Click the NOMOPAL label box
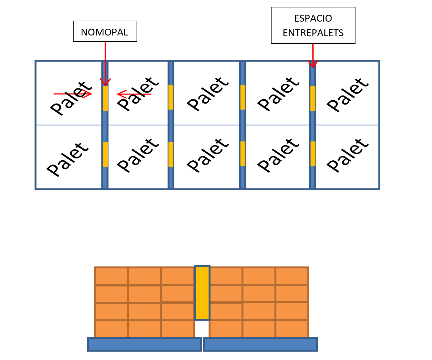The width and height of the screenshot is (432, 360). (105, 31)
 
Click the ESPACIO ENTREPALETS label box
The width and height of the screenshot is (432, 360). (313, 25)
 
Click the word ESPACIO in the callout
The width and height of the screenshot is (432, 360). (313, 18)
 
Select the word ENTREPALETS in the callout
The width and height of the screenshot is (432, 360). (313, 33)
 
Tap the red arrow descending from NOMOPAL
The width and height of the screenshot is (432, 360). (105, 64)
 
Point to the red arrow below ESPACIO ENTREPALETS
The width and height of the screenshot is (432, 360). (313, 55)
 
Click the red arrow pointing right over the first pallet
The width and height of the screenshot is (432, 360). (73, 94)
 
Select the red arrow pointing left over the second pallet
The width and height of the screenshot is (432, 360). (134, 94)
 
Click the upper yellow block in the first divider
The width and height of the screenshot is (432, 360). (106, 98)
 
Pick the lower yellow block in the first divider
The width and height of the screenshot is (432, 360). (106, 154)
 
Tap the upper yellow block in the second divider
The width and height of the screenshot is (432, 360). (171, 97)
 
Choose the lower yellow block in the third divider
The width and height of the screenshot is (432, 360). (243, 154)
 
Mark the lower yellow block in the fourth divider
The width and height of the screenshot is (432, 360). (313, 154)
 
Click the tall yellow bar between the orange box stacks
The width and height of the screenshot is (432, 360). (202, 293)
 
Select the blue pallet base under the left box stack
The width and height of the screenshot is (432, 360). (144, 344)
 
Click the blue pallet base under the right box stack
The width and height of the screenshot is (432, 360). (261, 344)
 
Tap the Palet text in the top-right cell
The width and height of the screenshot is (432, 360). (348, 95)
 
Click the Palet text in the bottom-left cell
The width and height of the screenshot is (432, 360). (68, 160)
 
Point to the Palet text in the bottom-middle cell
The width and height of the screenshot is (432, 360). (208, 155)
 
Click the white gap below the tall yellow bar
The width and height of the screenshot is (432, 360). (202, 329)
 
